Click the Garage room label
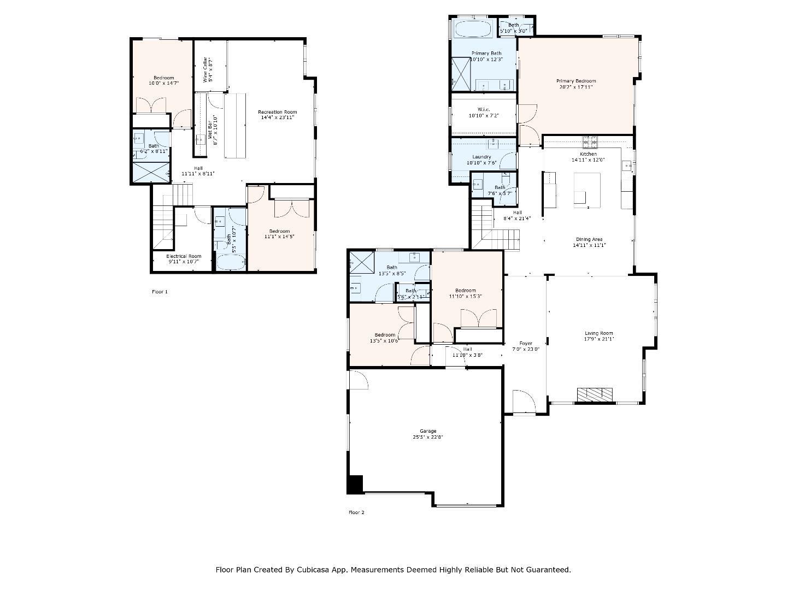coord(424,431)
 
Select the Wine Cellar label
coord(205,69)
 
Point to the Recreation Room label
coord(277,112)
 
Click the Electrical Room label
coord(184,256)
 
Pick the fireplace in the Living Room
coord(595,394)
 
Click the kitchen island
coord(587,189)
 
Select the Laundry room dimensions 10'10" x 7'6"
coord(481,163)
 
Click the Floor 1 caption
coord(160,292)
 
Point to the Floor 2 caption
coord(356,512)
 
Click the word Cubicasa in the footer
coord(312,570)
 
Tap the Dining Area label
coord(589,239)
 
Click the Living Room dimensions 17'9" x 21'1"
coord(599,339)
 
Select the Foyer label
coord(525,343)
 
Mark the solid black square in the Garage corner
coord(355,485)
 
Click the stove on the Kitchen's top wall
coord(590,142)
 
